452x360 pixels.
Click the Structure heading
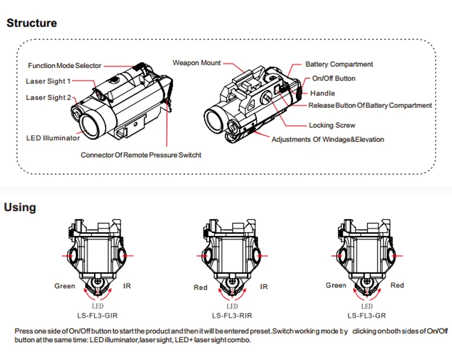(x=32, y=23)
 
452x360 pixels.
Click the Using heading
(x=20, y=208)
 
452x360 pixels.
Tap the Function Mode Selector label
(x=64, y=66)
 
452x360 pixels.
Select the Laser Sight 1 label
(x=48, y=81)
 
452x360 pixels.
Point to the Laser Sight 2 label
(x=48, y=98)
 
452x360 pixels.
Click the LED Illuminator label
(x=53, y=138)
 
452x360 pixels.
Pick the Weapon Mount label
(x=196, y=63)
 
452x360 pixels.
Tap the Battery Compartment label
(x=339, y=64)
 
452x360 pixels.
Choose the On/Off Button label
(x=333, y=78)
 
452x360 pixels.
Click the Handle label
(x=322, y=93)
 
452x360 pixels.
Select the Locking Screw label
(x=332, y=125)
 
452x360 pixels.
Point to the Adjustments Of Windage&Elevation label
(x=328, y=140)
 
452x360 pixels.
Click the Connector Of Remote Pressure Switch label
(x=141, y=155)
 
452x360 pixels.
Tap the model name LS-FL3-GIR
(x=98, y=315)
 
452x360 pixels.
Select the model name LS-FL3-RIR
(x=232, y=315)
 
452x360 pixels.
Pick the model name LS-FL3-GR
(x=366, y=315)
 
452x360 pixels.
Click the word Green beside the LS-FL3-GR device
(x=336, y=285)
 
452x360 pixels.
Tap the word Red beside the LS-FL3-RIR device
(x=200, y=287)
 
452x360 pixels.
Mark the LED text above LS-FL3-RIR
(x=232, y=306)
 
